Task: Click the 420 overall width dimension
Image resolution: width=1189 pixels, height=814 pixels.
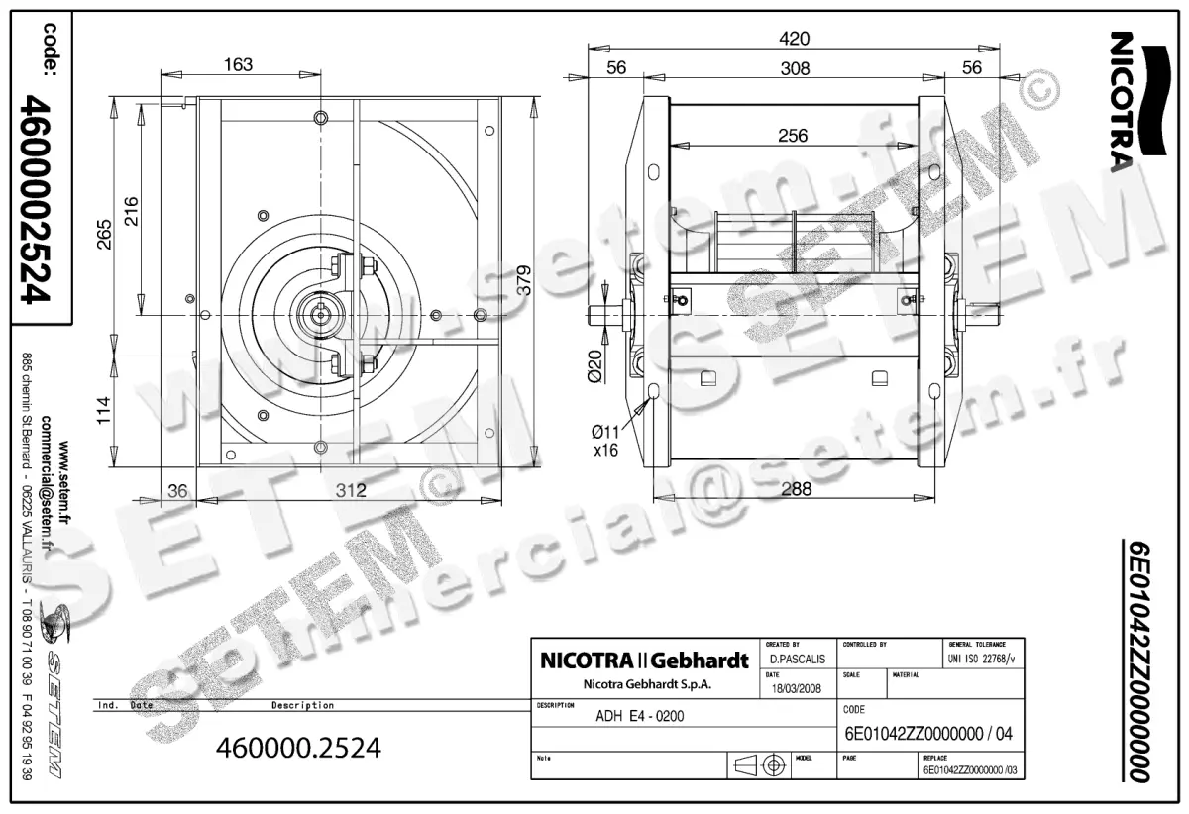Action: pos(794,39)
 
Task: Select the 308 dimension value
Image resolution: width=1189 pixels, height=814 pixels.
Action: pos(794,68)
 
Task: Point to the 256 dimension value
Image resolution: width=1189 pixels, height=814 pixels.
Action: pos(793,136)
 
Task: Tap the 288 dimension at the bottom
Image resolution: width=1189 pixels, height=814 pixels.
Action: pos(795,488)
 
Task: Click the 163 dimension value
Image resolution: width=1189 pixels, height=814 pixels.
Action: pos(238,65)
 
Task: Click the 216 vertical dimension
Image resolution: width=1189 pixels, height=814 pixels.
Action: pos(130,211)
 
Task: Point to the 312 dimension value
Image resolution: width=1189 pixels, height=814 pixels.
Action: pos(350,489)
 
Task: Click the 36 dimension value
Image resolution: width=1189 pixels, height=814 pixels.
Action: pos(178,489)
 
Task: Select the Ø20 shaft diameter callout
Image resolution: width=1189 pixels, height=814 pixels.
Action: pos(594,366)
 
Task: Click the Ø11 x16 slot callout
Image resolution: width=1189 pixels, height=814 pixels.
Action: pos(605,439)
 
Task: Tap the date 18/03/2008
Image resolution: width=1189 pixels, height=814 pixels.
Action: pos(796,688)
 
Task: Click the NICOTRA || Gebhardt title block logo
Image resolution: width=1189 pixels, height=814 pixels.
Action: pos(644,661)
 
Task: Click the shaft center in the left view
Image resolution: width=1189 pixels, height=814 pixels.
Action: pos(323,315)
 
